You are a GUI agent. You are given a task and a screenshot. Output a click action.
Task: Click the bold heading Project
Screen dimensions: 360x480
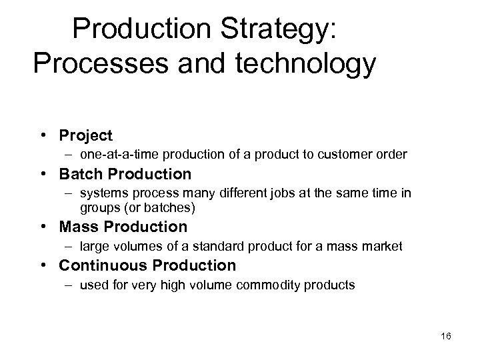click(86, 136)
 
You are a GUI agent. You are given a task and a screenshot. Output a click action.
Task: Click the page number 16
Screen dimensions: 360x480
click(445, 337)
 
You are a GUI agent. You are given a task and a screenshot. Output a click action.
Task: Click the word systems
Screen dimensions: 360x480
click(100, 193)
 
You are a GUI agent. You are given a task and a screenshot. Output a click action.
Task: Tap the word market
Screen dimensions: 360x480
click(385, 247)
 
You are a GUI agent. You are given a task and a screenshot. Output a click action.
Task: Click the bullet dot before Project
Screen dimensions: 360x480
click(41, 136)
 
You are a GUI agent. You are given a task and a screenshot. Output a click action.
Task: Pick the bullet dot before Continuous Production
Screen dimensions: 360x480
click(41, 265)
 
